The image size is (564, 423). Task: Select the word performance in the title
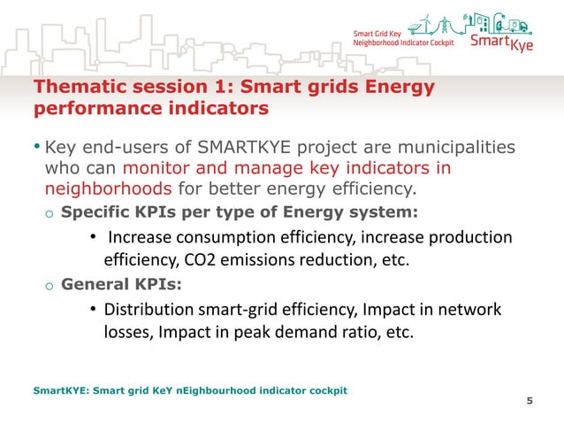(x=88, y=111)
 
